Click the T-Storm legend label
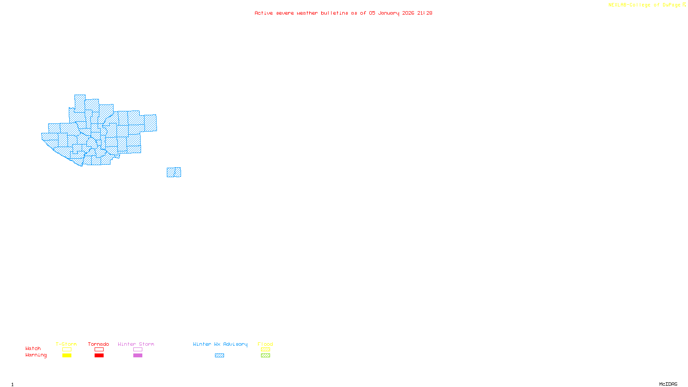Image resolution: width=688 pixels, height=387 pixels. click(66, 344)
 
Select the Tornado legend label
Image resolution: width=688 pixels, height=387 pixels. click(98, 344)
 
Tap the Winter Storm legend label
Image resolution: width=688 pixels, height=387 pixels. click(136, 344)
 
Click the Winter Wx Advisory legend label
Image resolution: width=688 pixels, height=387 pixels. click(220, 344)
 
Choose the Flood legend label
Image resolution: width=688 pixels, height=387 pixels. click(265, 344)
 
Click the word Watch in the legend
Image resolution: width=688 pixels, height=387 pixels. click(33, 348)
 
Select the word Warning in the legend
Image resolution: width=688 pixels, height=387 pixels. click(36, 355)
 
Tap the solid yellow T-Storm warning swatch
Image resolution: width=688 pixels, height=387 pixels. click(67, 356)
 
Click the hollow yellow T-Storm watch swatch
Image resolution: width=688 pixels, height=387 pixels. click(67, 350)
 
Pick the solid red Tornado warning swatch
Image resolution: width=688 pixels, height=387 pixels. click(99, 356)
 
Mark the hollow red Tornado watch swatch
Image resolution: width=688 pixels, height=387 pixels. click(99, 350)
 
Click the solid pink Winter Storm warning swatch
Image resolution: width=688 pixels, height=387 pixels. click(138, 356)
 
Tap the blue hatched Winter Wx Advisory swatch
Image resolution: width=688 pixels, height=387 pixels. click(219, 356)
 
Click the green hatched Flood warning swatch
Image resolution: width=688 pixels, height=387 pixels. click(265, 356)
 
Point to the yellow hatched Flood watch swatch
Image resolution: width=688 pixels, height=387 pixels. click(265, 350)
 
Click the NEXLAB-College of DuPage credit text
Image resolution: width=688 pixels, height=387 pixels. click(645, 5)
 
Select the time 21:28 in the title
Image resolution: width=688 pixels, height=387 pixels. click(424, 13)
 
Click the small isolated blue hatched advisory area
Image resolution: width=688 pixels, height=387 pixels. click(174, 172)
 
